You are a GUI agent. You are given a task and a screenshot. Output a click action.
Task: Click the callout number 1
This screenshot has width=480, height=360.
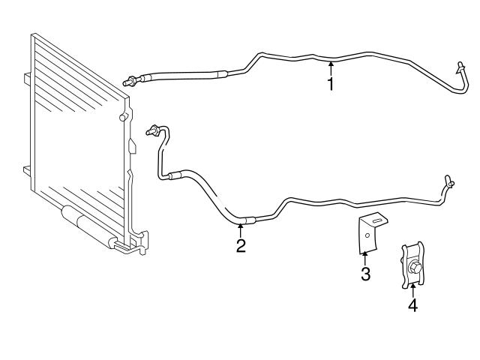pos(330,84)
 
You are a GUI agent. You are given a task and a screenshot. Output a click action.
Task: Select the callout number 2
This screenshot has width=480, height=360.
pos(241,245)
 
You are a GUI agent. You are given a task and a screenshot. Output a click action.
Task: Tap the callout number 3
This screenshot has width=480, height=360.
pos(365,274)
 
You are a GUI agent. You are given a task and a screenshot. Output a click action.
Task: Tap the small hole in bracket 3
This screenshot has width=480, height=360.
pos(366,236)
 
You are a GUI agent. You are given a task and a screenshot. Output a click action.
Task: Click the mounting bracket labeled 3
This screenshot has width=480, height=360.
pos(369,232)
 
